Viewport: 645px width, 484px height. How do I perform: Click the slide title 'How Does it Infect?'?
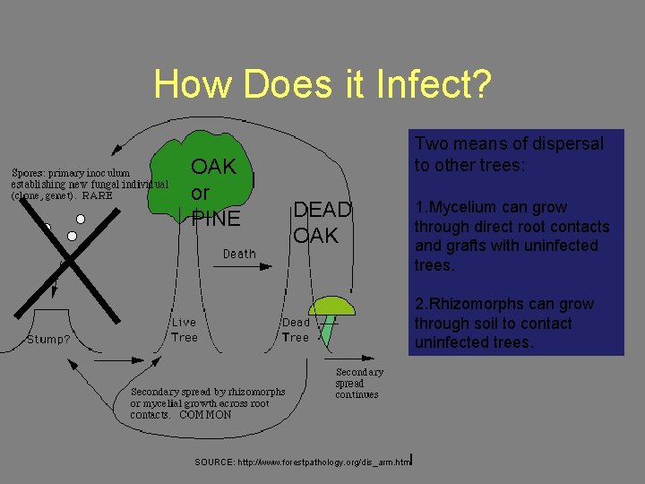[x=322, y=84]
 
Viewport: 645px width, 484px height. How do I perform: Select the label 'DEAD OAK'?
[x=322, y=222]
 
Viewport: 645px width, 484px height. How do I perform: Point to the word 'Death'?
[x=239, y=254]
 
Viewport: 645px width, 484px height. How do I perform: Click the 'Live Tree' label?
[x=185, y=330]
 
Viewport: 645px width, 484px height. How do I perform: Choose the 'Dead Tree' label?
[x=296, y=330]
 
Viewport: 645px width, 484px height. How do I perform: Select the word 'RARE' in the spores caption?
[x=98, y=194]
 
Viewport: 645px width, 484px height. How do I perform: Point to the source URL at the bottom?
[x=303, y=462]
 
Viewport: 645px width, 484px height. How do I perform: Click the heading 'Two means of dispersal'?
[x=508, y=143]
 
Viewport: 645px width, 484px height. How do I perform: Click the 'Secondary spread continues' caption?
[x=358, y=383]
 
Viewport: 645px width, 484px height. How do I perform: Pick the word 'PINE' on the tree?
[x=216, y=219]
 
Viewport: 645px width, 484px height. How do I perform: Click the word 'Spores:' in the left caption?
[x=29, y=173]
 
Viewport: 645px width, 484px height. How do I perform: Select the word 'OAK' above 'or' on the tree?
[x=213, y=167]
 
